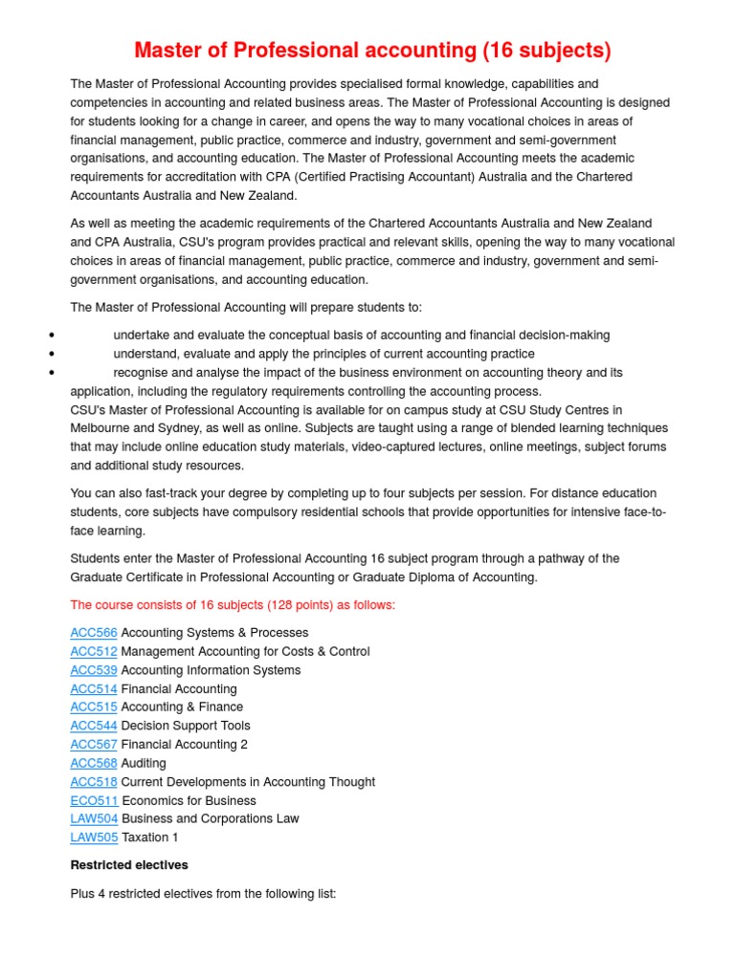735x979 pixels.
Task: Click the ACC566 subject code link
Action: [94, 633]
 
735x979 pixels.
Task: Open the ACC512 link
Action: [94, 651]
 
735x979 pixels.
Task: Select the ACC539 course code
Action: [94, 670]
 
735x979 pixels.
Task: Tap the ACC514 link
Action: [94, 688]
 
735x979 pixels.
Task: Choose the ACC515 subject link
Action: [94, 707]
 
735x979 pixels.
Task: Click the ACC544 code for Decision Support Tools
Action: [94, 726]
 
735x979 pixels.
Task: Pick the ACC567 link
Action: [94, 745]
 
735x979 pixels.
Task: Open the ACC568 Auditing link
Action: [94, 763]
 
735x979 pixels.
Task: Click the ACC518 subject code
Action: [94, 782]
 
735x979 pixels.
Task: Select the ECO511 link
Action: [94, 800]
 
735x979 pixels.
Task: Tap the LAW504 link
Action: [94, 818]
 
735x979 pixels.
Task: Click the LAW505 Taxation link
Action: [94, 838]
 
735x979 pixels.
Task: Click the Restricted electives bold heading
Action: [129, 865]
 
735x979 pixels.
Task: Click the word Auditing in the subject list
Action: [144, 763]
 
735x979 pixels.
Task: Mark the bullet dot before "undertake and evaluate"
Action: [50, 336]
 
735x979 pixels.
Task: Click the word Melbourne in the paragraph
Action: [103, 428]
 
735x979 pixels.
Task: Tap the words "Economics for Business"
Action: [189, 800]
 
